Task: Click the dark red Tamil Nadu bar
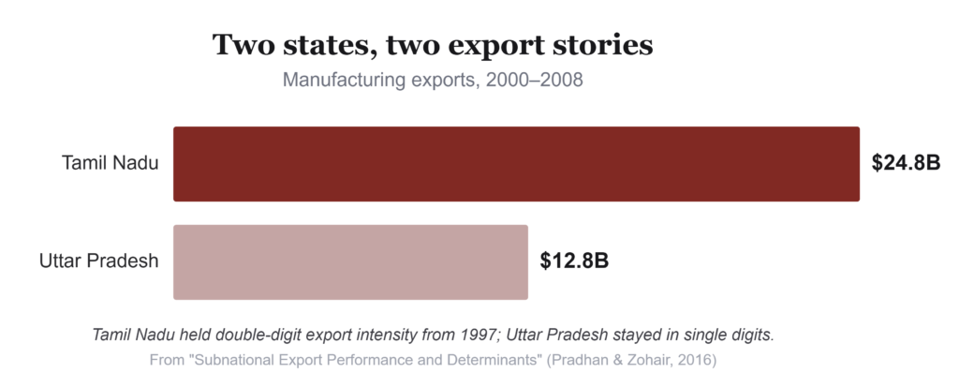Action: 516,164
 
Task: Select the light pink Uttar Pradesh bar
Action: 350,261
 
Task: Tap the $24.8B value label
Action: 906,163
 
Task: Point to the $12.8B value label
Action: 574,261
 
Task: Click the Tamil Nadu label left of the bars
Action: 111,163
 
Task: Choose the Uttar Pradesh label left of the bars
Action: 99,261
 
